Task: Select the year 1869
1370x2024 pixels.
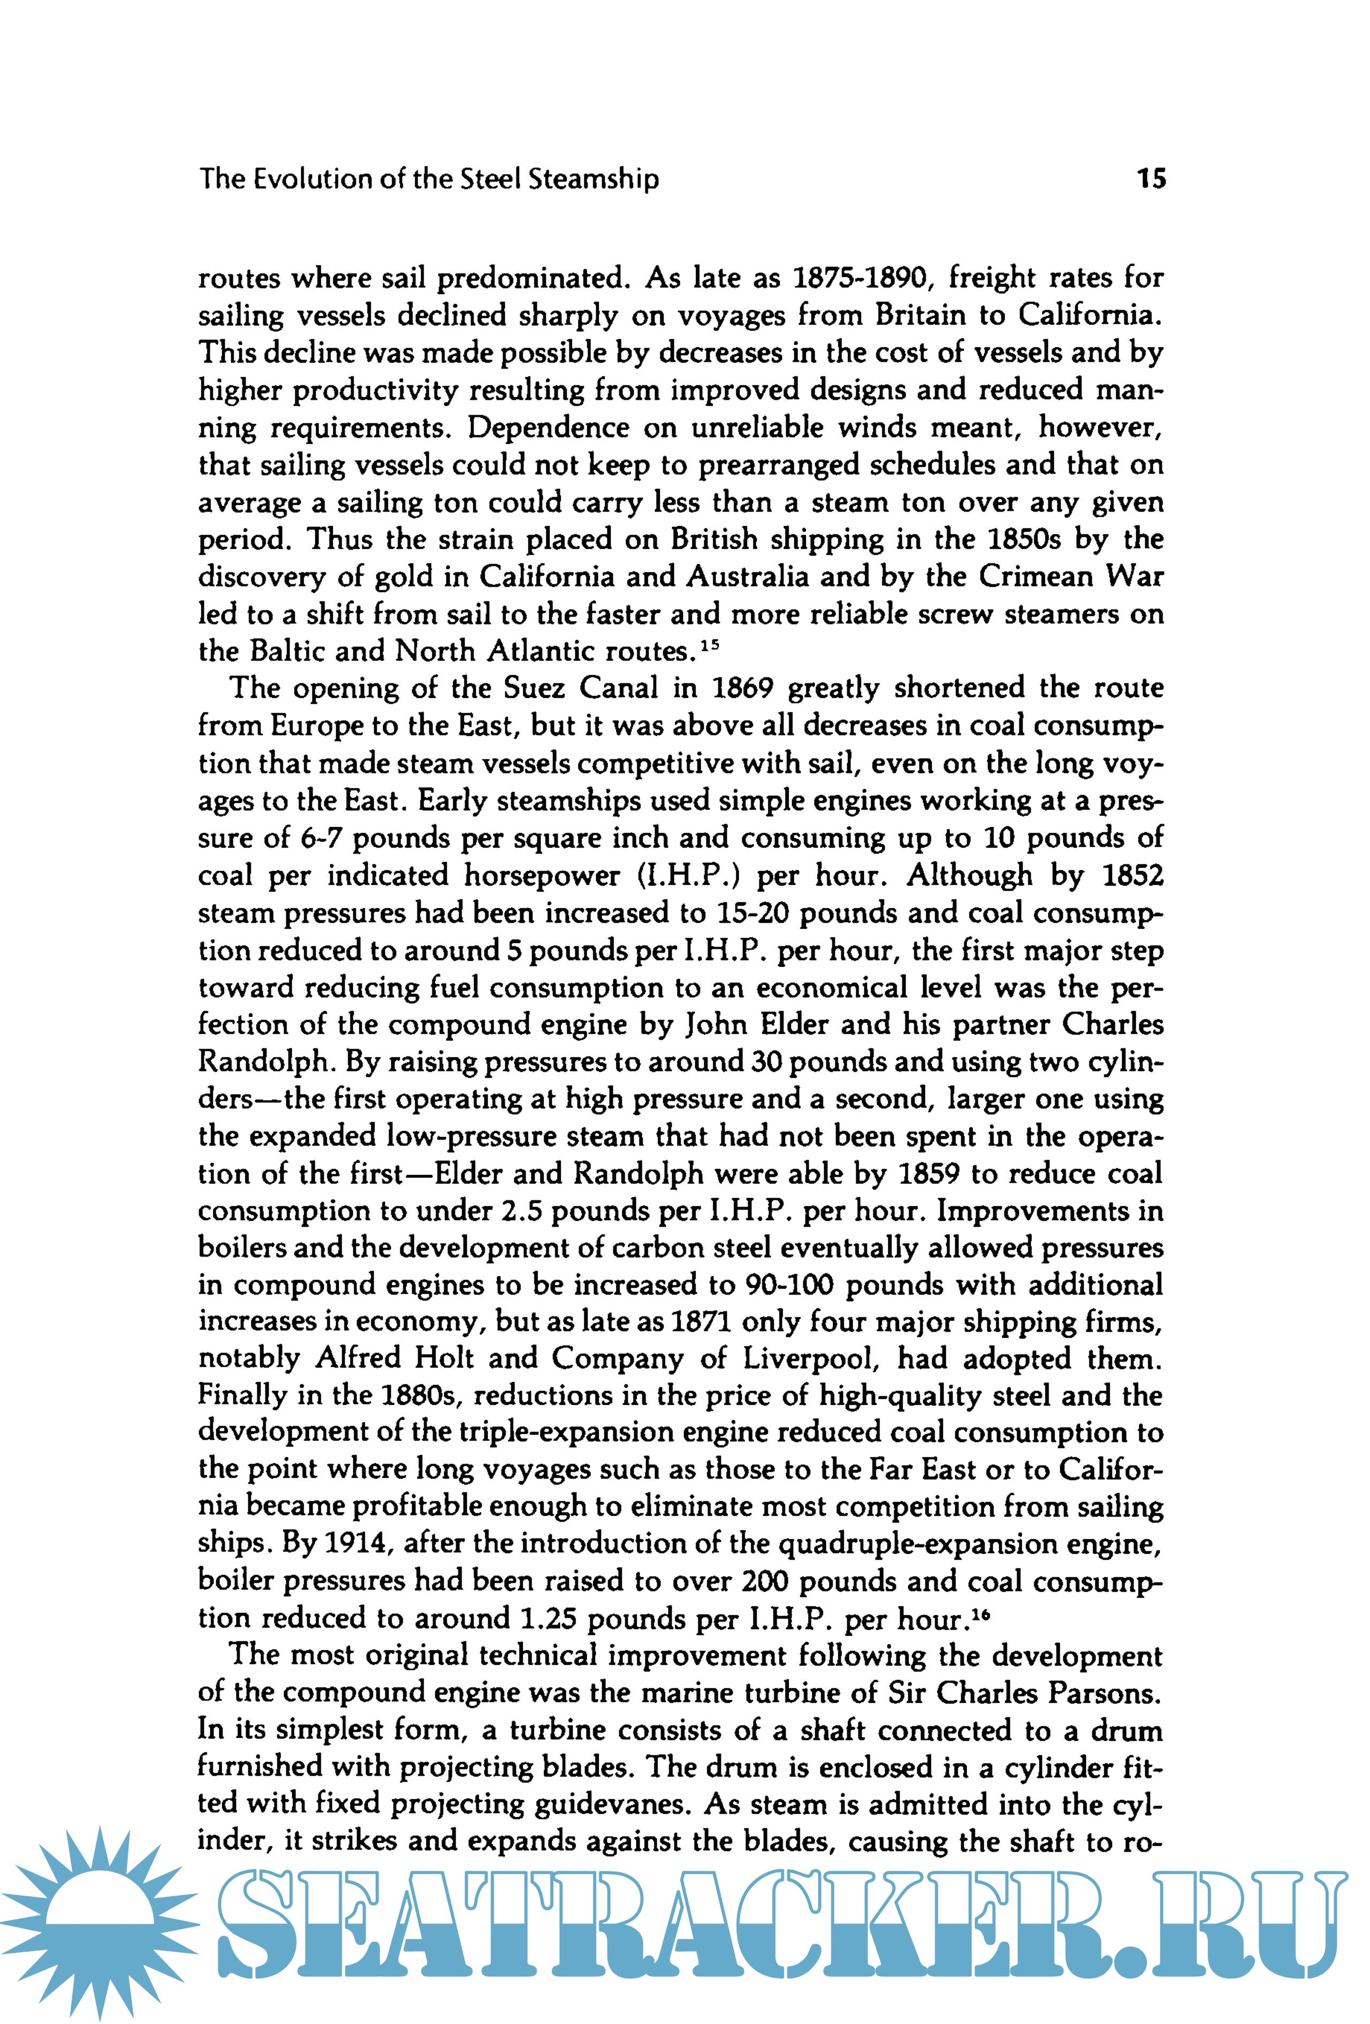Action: click(x=743, y=688)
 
